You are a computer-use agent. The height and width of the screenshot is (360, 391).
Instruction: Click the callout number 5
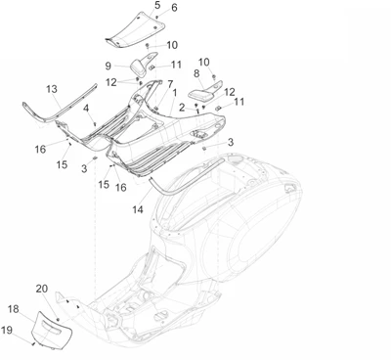point(157,5)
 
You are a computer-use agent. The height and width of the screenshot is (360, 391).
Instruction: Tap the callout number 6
point(174,8)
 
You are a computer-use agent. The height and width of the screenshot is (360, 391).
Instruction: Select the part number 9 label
point(108,66)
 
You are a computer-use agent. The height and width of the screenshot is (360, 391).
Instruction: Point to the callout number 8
point(196,73)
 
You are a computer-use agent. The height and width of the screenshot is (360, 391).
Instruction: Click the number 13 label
point(52,89)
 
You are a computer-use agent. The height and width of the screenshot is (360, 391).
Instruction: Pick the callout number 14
point(138,209)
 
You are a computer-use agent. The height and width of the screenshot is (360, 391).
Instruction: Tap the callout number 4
point(86,108)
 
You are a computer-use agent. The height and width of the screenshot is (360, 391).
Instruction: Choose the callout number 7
point(170,84)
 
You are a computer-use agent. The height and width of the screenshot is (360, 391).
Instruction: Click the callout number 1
point(175,93)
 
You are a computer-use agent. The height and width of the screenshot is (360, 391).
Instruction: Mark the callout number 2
point(182,108)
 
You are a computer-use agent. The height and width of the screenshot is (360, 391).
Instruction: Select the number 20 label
point(42,289)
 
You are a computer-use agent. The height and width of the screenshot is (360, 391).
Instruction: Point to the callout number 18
point(14,309)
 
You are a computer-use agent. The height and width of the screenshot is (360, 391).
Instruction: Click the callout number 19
point(7,330)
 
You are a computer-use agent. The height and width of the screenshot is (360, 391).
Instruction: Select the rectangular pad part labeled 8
point(200,94)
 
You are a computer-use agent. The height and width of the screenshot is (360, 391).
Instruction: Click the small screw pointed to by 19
point(33,343)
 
